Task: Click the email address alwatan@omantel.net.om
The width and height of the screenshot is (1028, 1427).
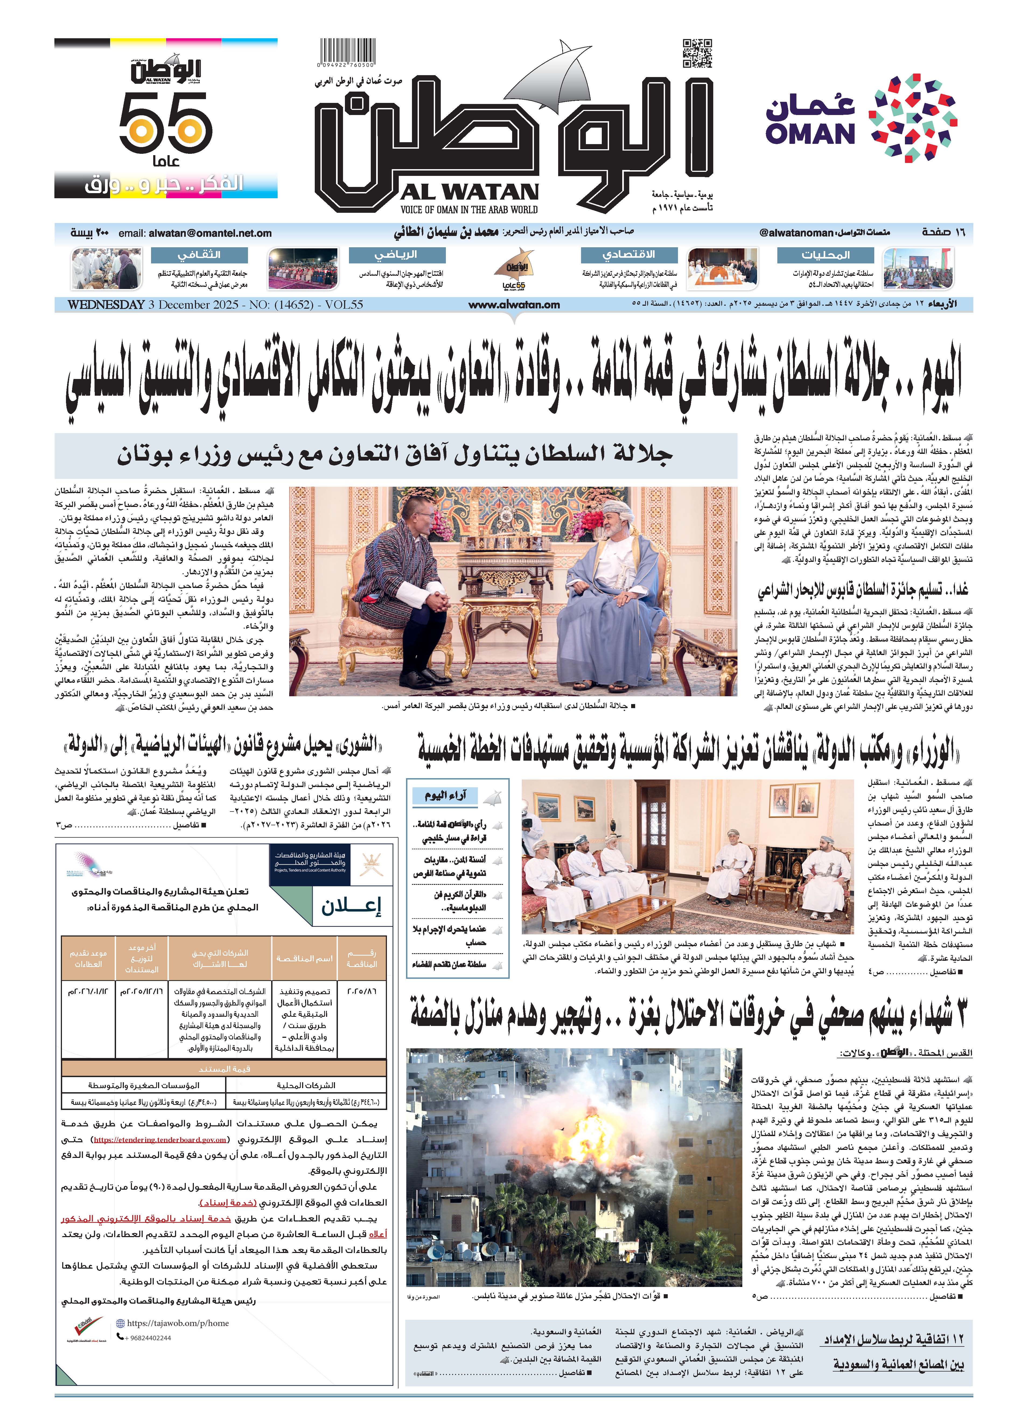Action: pyautogui.click(x=210, y=233)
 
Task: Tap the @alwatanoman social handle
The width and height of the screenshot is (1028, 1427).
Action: pyautogui.click(x=796, y=233)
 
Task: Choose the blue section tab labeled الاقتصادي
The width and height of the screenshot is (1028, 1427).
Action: pyautogui.click(x=628, y=255)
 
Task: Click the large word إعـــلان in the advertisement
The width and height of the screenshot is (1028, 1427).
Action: pyautogui.click(x=351, y=906)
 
